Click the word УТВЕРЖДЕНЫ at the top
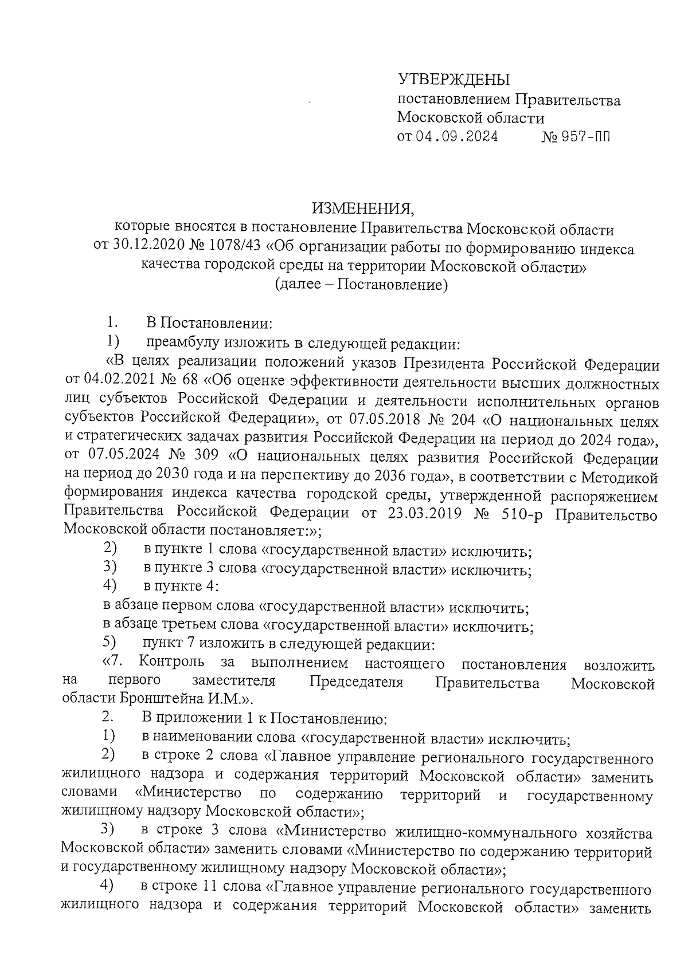coord(454,80)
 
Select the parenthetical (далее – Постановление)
coord(361,284)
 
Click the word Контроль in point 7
coord(171,663)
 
